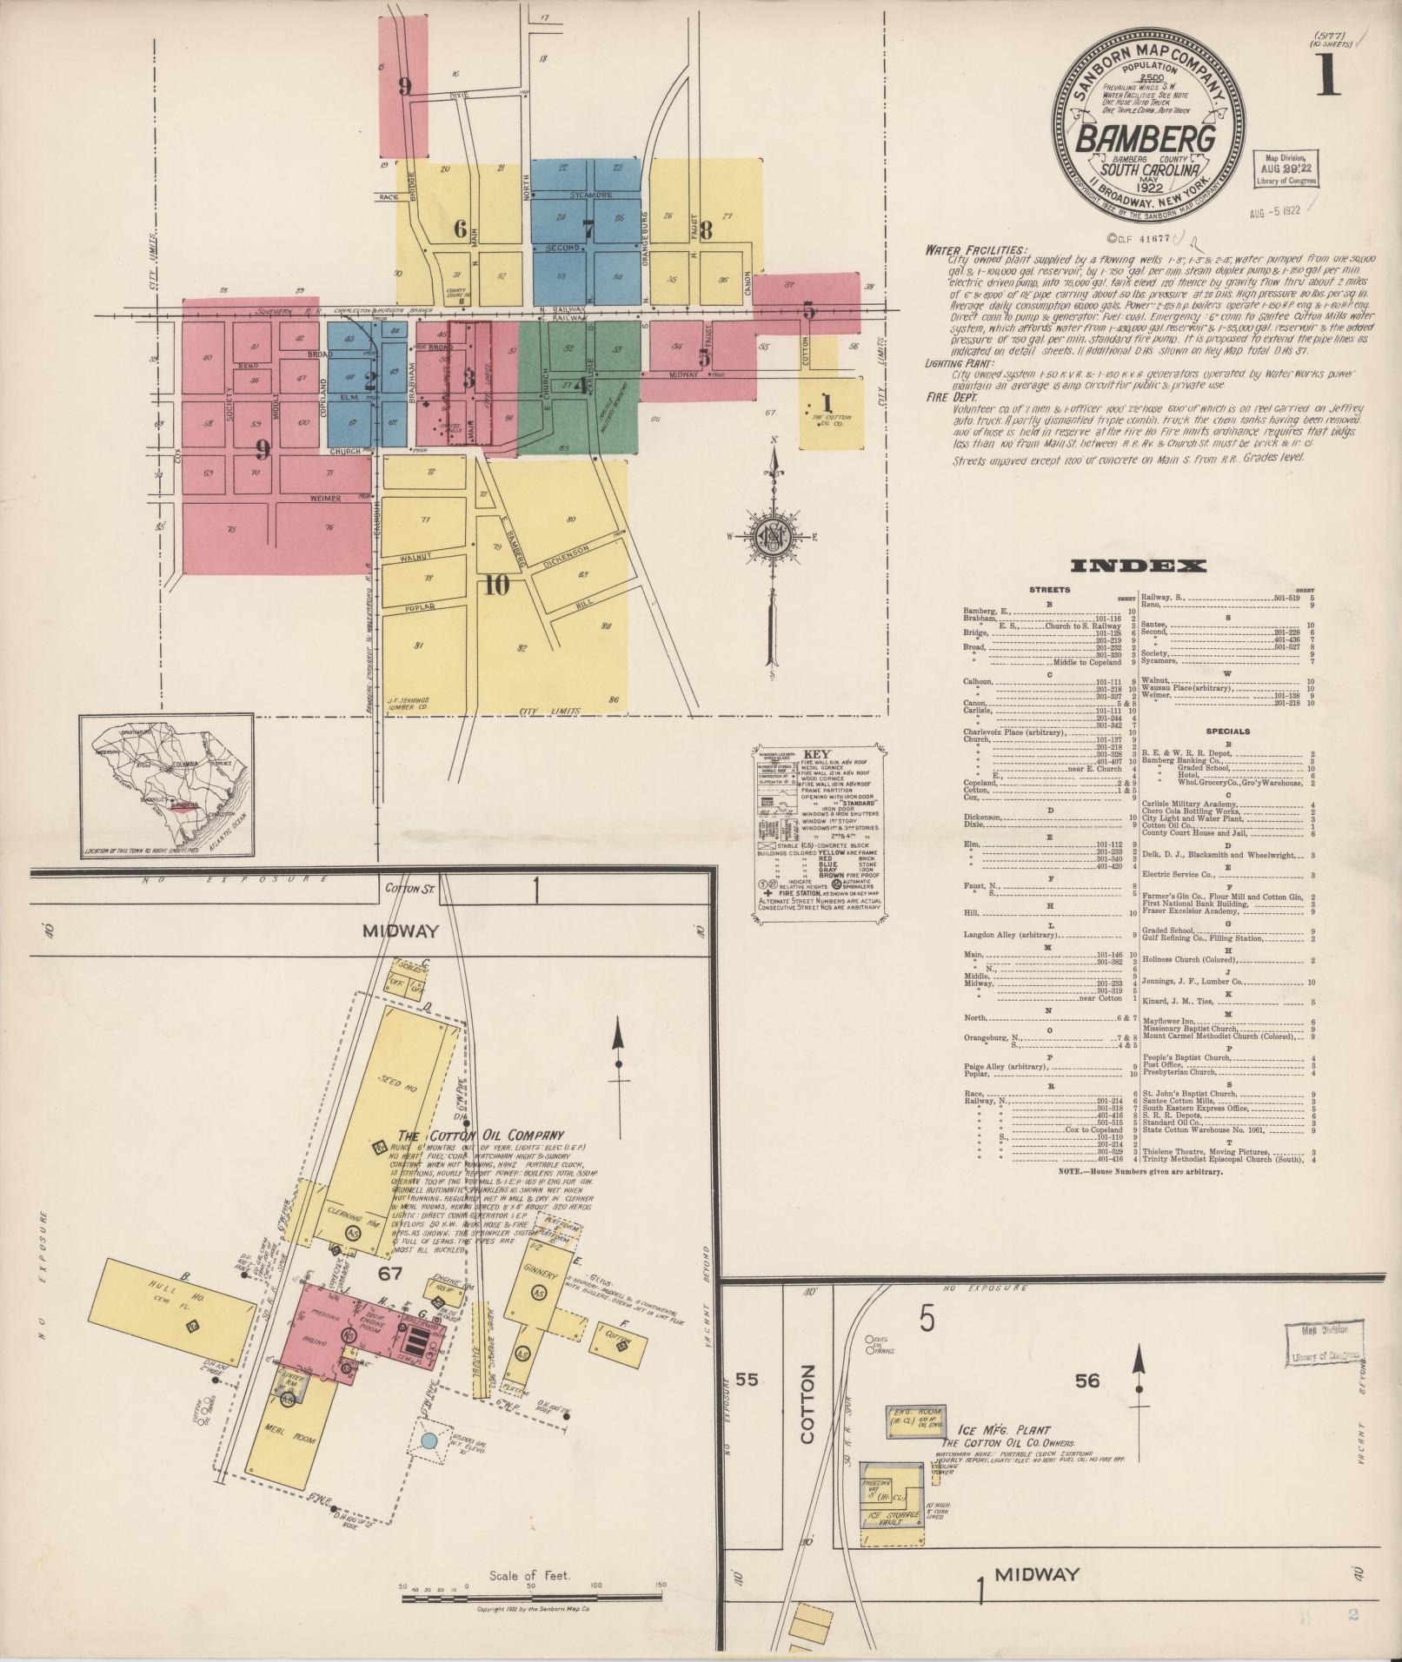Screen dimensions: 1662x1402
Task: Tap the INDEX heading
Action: (x=1138, y=566)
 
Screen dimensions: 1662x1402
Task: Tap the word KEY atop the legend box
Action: (x=817, y=754)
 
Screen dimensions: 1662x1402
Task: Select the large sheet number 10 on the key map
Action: (x=496, y=586)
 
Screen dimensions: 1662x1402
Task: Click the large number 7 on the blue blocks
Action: (x=588, y=230)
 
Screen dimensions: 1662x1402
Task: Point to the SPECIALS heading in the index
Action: (x=1228, y=731)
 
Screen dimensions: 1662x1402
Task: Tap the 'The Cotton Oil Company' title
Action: (x=481, y=1135)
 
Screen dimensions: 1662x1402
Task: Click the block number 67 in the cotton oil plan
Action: (x=393, y=1273)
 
